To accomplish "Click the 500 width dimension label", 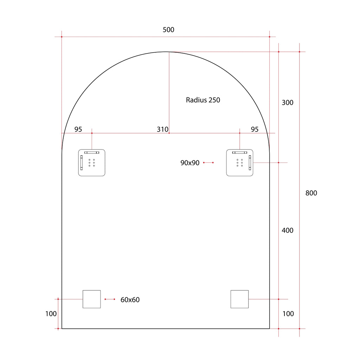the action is pos(168,30).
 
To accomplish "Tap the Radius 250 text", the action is pos(203,100).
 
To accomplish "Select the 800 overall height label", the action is pos(311,193).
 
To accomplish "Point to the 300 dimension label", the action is pos(288,103).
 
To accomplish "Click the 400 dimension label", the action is pos(288,230).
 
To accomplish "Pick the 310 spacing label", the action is pos(162,129).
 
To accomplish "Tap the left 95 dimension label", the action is pos(78,129).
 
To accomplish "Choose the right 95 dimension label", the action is pos(255,129).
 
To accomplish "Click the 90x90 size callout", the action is pos(190,163).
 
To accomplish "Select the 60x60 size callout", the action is pos(130,300).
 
